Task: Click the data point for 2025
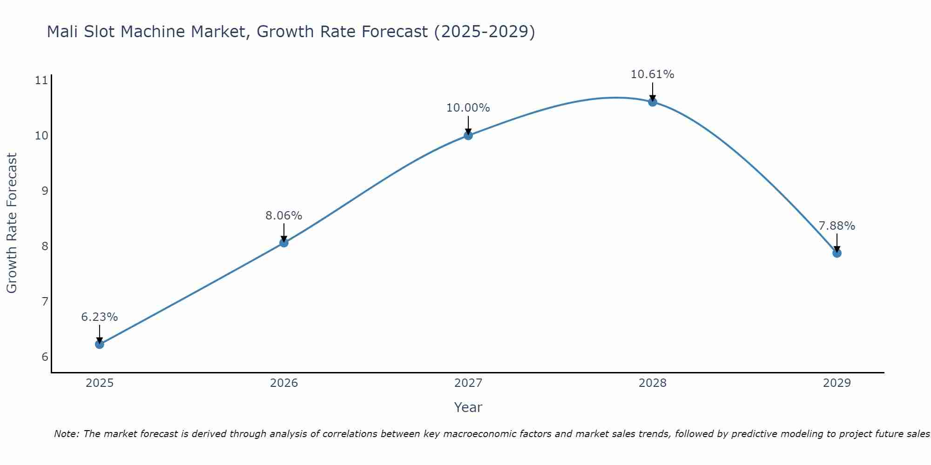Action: point(99,344)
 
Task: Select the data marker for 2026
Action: point(284,243)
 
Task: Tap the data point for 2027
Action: point(468,135)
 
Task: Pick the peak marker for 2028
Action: point(653,102)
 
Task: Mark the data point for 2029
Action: point(837,253)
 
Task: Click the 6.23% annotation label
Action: point(99,317)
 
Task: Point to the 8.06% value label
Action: point(284,216)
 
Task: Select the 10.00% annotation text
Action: point(468,108)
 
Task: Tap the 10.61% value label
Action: point(653,74)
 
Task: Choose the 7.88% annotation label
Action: point(837,226)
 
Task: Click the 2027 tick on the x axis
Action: point(468,383)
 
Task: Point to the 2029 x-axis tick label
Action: point(837,383)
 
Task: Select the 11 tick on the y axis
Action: point(41,80)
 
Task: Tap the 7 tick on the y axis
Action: point(45,302)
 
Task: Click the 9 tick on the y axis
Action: point(45,191)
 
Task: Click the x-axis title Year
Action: point(468,407)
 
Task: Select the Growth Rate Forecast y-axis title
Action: point(12,223)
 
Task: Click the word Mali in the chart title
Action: point(63,32)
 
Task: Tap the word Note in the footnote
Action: point(66,434)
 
